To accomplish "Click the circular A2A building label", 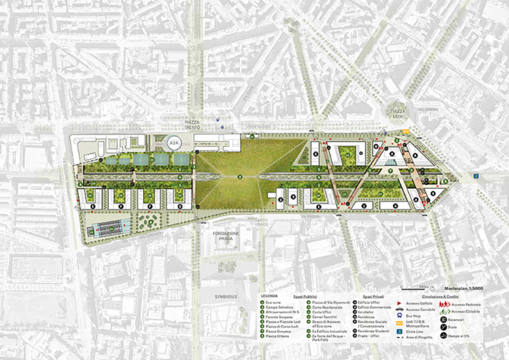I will [x=173, y=144].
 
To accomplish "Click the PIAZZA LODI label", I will [x=399, y=112].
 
